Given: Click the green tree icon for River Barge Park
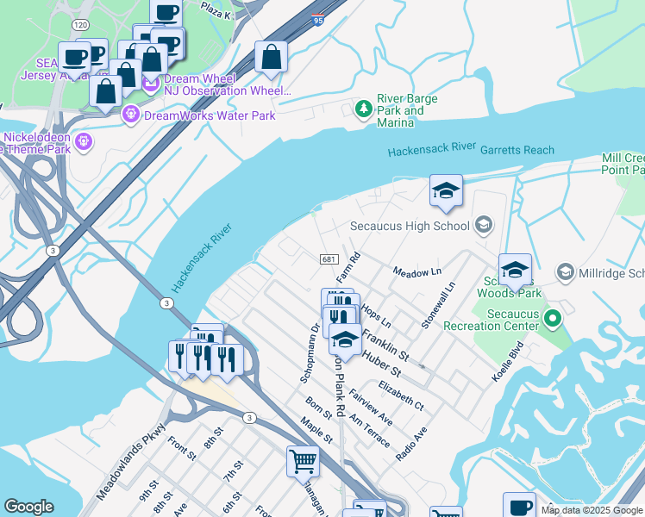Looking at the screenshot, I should click(x=363, y=109).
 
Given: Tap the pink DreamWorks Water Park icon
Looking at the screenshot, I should click(x=132, y=114).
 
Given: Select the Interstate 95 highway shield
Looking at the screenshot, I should click(x=319, y=19).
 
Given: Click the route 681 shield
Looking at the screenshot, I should click(x=328, y=258).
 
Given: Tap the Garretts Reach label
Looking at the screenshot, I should click(x=517, y=150).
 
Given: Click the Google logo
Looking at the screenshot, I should click(x=28, y=507).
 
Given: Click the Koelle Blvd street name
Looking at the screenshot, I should click(x=516, y=360).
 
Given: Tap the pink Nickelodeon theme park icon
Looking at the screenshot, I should click(x=85, y=140).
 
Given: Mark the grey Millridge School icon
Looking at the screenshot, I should click(x=566, y=272).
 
